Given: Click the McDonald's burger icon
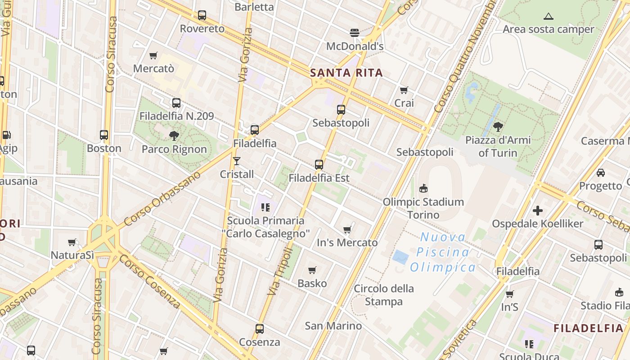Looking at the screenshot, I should coord(355,32).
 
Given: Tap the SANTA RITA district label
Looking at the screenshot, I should coord(346,73).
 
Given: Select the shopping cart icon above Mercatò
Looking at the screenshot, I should coord(153,55).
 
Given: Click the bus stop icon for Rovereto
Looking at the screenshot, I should coord(202,15).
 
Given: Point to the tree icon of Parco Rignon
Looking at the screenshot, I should coord(174,135).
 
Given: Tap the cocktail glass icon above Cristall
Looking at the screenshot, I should coord(237,161).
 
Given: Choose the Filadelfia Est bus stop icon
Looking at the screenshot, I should coord(319,165).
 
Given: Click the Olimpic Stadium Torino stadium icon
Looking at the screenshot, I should coord(423,188).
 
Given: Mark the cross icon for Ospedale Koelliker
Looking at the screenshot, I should coord(537,210).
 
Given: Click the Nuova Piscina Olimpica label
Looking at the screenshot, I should coord(443,252).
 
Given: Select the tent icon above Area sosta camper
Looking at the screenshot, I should coord(548,17).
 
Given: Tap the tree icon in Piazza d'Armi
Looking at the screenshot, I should coord(498,126).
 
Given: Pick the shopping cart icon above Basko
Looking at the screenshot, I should coord(312,270).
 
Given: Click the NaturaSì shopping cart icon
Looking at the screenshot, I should coord(72,242).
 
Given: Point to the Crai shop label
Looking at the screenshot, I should coord(404,103).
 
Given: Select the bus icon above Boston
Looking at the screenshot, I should coord(104,135).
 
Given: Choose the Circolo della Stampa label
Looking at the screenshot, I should coord(383,295).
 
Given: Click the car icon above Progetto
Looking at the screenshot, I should coord(600,172).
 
